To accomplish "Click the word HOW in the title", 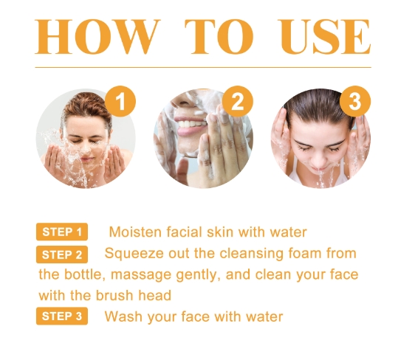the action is click(97, 36).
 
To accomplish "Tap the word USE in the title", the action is click(324, 36).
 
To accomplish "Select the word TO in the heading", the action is click(219, 36).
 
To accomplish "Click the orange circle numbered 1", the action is click(120, 101).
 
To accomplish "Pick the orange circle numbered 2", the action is click(238, 101).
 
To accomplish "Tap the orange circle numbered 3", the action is click(355, 101).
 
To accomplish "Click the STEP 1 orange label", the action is click(62, 232).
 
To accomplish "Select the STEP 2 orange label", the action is click(62, 255).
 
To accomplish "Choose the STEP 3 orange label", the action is click(62, 316).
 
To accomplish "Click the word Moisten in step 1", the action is click(135, 232).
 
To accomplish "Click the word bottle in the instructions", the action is click(84, 274).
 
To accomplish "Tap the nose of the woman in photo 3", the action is click(319, 159).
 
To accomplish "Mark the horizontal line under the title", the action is click(203, 67).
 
